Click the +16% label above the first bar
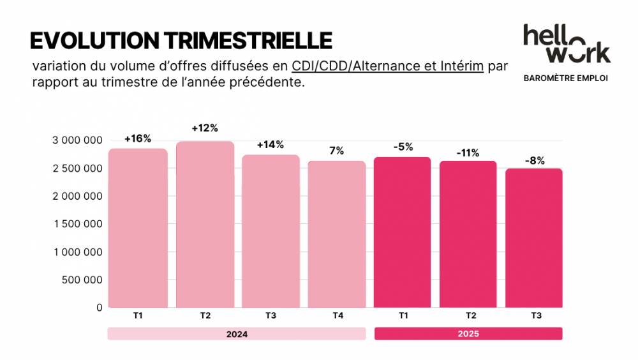(x=138, y=139)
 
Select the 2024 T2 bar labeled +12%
(x=205, y=223)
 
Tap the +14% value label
(x=270, y=144)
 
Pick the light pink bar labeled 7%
(x=337, y=233)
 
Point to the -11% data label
(x=468, y=153)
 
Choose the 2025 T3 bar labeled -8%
(x=534, y=237)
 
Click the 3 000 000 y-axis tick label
(x=77, y=140)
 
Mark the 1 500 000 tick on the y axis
(x=77, y=224)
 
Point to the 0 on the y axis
(x=99, y=307)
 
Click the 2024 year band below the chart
(x=236, y=334)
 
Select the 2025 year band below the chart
(x=468, y=334)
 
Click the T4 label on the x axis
(x=337, y=315)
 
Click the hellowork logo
(x=566, y=44)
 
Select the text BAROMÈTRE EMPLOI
(x=565, y=78)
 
